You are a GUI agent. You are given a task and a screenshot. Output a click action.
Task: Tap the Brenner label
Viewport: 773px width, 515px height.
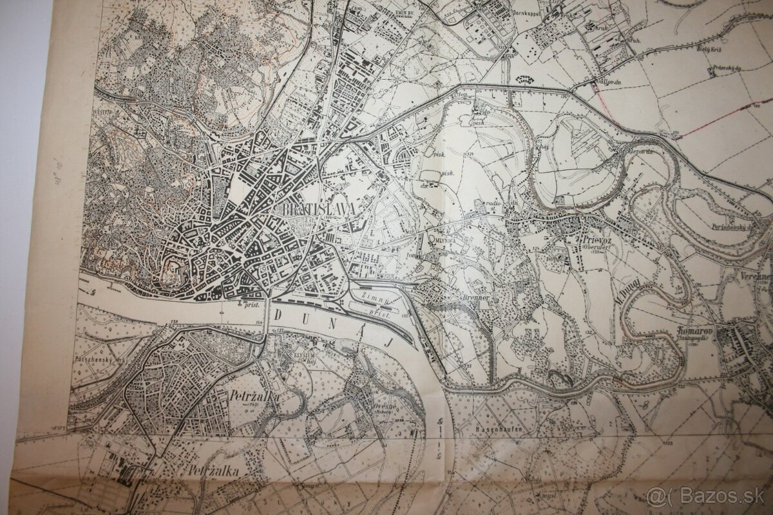[476, 299]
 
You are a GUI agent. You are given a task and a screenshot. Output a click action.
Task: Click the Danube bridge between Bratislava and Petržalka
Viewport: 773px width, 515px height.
[265, 322]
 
